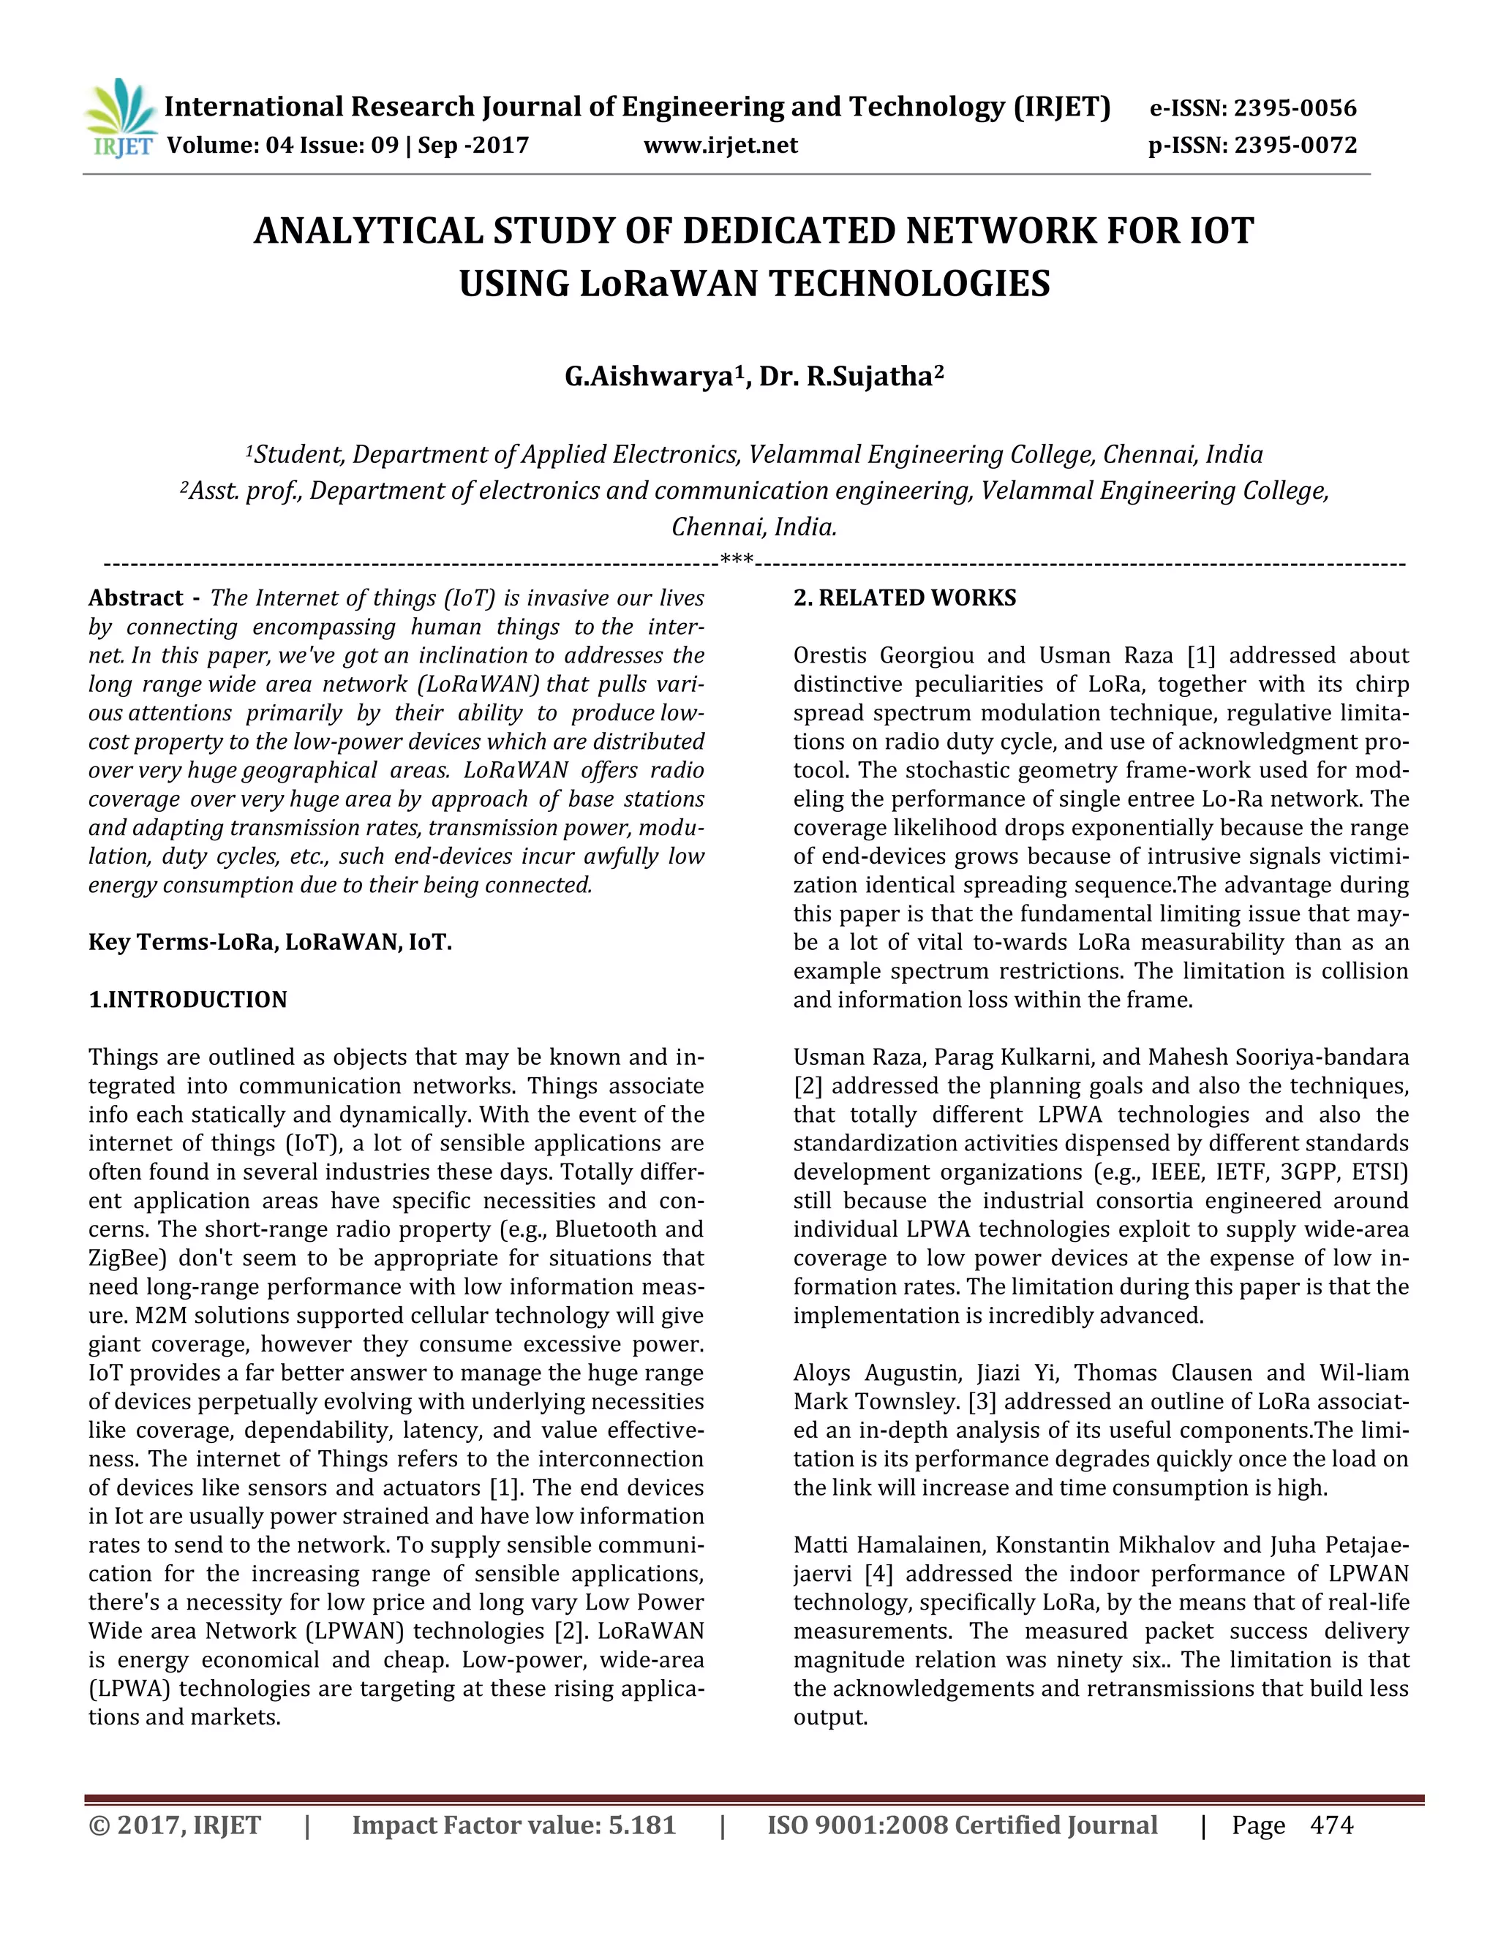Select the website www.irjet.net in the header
[x=720, y=145]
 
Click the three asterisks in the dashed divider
[x=737, y=560]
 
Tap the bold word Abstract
[x=135, y=598]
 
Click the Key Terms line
[x=270, y=943]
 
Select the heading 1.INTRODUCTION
[x=187, y=1000]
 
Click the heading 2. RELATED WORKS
[x=904, y=598]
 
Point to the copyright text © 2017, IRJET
[x=175, y=1825]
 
